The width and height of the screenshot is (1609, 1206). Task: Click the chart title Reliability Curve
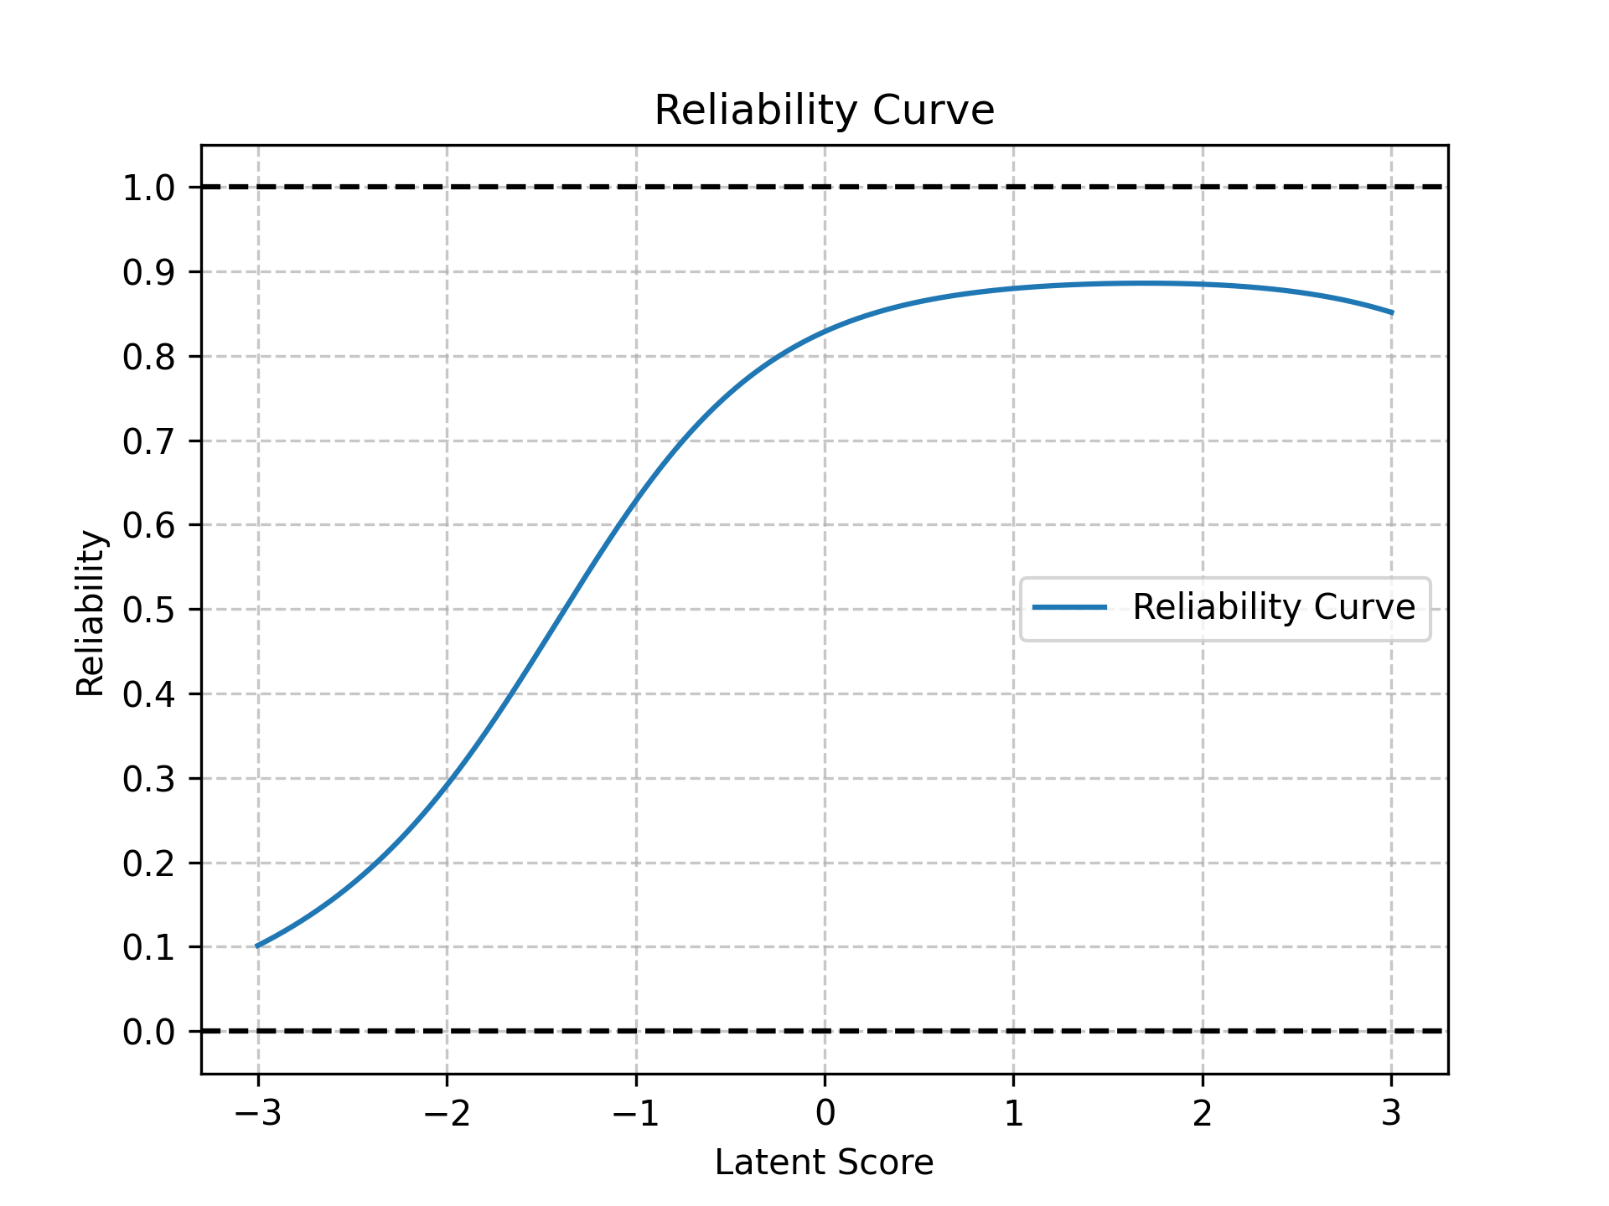(824, 111)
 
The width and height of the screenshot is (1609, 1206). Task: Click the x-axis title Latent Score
(824, 1162)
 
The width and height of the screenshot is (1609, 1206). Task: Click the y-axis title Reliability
(91, 614)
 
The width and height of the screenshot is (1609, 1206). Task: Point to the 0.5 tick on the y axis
(149, 610)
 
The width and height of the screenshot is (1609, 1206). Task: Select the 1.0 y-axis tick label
(149, 188)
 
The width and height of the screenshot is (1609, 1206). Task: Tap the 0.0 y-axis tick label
(149, 1032)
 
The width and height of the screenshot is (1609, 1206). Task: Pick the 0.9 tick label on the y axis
(149, 272)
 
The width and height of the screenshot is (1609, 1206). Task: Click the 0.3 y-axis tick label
(149, 779)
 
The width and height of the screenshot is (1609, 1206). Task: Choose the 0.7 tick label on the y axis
(149, 441)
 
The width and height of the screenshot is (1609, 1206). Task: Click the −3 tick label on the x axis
(257, 1113)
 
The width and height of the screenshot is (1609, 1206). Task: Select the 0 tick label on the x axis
(825, 1113)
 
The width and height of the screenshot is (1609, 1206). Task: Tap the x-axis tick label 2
(1203, 1113)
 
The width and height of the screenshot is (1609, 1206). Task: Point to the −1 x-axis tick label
(635, 1113)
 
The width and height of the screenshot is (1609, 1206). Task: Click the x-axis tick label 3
(1391, 1113)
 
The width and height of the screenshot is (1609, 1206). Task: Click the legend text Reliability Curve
(1274, 607)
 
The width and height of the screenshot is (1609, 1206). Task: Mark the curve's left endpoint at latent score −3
(257, 946)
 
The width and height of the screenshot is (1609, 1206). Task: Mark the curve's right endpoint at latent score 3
(1392, 313)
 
